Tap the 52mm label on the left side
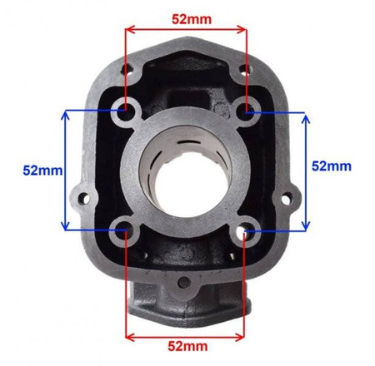[x=42, y=170]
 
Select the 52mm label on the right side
[x=331, y=166]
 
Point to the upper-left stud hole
[x=126, y=109]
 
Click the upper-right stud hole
[x=247, y=107]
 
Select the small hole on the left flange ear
[x=82, y=200]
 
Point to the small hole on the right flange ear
[x=291, y=200]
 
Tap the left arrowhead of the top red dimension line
[x=128, y=29]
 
